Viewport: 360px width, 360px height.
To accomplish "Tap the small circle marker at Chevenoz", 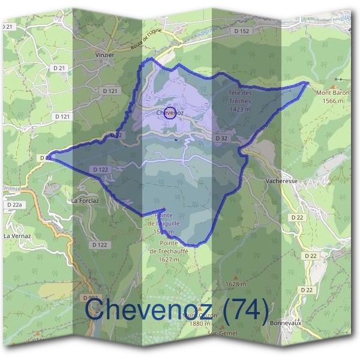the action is pyautogui.click(x=170, y=113).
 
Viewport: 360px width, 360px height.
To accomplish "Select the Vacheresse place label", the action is pyautogui.click(x=281, y=179).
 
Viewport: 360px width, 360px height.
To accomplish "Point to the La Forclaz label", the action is pyautogui.click(x=85, y=200).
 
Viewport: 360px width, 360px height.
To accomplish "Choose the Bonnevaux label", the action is pyautogui.click(x=284, y=322).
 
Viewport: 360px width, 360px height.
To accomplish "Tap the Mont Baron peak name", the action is pyautogui.click(x=332, y=93).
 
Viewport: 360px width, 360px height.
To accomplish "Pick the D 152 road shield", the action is pyautogui.click(x=241, y=30).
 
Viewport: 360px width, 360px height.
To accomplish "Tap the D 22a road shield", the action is pyautogui.click(x=14, y=205).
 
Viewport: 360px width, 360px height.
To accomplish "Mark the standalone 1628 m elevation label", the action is pyautogui.click(x=235, y=284).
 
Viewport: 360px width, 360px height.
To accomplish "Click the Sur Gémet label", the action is pyautogui.click(x=223, y=333).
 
